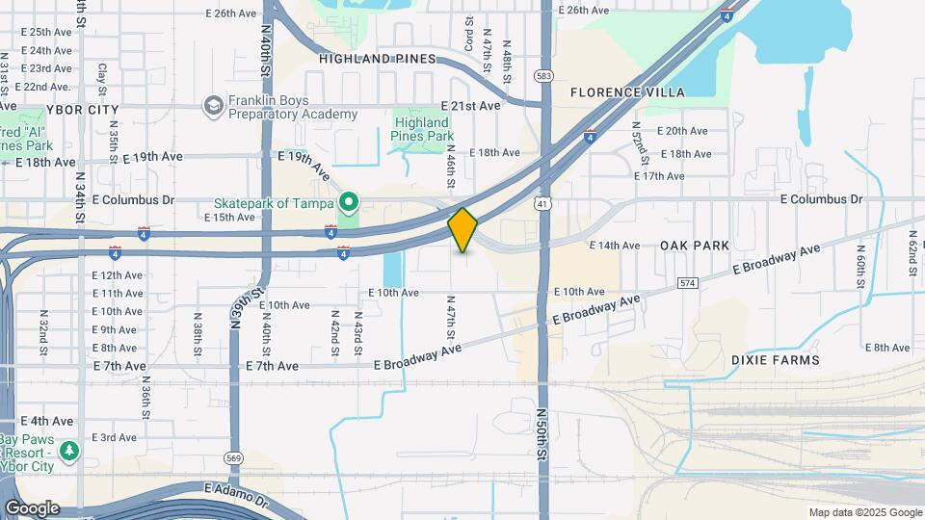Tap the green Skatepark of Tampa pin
[349, 202]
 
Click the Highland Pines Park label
[421, 129]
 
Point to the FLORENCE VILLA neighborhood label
[627, 92]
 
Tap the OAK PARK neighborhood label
[695, 246]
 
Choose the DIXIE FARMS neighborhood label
[775, 360]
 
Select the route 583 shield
[545, 75]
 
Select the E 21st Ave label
[471, 105]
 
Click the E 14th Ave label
[614, 246]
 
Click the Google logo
[32, 508]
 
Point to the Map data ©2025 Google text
[864, 512]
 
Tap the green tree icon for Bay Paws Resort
[69, 451]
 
